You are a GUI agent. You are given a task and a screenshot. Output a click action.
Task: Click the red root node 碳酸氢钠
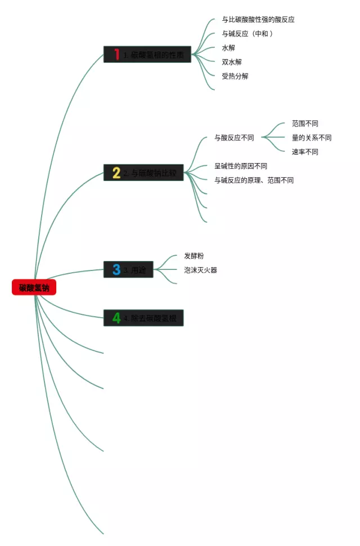tap(34, 287)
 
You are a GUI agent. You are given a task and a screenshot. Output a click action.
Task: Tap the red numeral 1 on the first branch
tap(116, 55)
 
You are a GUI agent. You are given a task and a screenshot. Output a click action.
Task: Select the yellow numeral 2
tap(116, 173)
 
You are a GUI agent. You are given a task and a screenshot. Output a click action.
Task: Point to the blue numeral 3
tap(116, 269)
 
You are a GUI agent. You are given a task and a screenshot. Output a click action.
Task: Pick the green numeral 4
tap(116, 318)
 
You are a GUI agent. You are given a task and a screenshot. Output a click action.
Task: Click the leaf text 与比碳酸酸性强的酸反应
tap(258, 20)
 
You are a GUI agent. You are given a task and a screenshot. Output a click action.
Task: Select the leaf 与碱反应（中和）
tap(247, 34)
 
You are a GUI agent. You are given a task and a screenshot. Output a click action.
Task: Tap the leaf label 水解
tap(228, 48)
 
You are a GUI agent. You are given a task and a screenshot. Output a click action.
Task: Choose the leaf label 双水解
tap(232, 62)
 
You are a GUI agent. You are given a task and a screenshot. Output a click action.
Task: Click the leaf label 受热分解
tap(235, 76)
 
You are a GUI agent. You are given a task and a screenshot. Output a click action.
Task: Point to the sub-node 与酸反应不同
tap(234, 138)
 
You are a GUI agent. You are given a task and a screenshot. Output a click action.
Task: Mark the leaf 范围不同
tap(305, 124)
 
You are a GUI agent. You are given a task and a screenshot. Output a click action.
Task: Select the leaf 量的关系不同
tap(312, 138)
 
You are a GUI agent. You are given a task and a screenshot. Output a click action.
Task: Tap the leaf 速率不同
tap(305, 152)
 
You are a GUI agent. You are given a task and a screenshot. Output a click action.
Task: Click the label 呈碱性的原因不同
tap(241, 166)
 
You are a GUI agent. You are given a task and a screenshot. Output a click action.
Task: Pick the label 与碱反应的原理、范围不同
tap(254, 181)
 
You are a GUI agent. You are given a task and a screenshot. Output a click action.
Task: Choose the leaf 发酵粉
tap(194, 256)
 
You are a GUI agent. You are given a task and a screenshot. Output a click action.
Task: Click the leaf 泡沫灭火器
tap(201, 270)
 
